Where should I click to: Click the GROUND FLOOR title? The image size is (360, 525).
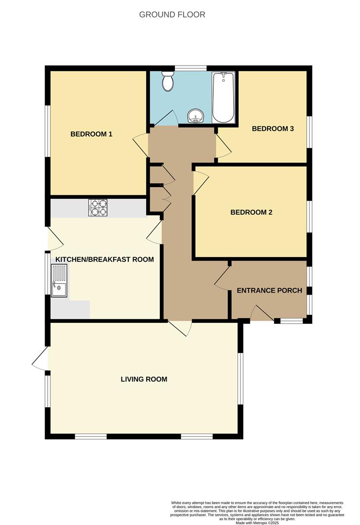click(172, 15)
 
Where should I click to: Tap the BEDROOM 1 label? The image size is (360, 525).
click(91, 134)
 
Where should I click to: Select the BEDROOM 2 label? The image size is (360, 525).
click(251, 212)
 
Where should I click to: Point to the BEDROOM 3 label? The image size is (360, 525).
click(273, 129)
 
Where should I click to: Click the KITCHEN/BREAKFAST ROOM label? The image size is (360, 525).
click(104, 260)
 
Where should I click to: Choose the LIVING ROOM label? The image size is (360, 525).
click(144, 379)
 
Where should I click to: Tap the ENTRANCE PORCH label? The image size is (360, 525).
click(269, 291)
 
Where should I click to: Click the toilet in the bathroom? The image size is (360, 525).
click(168, 81)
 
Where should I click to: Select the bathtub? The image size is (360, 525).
click(223, 97)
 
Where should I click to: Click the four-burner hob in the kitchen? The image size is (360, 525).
click(98, 208)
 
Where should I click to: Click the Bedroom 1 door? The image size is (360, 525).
click(141, 144)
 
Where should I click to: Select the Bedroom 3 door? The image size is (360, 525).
click(223, 146)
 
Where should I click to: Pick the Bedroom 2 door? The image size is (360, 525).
click(200, 183)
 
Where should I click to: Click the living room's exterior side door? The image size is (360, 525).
click(41, 359)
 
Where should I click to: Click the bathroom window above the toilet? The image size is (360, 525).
click(190, 68)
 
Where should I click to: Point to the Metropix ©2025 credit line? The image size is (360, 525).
click(257, 523)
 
